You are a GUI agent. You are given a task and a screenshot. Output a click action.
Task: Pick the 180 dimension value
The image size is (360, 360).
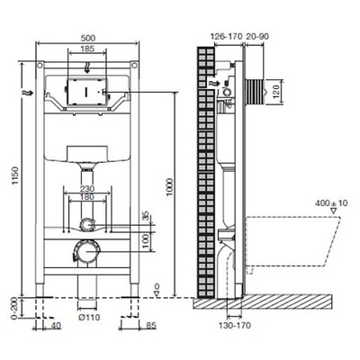point(87,200)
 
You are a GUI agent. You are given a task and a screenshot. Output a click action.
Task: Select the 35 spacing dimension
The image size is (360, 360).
point(147,216)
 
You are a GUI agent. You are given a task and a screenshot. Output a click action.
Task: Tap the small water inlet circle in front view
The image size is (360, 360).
point(86,224)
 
